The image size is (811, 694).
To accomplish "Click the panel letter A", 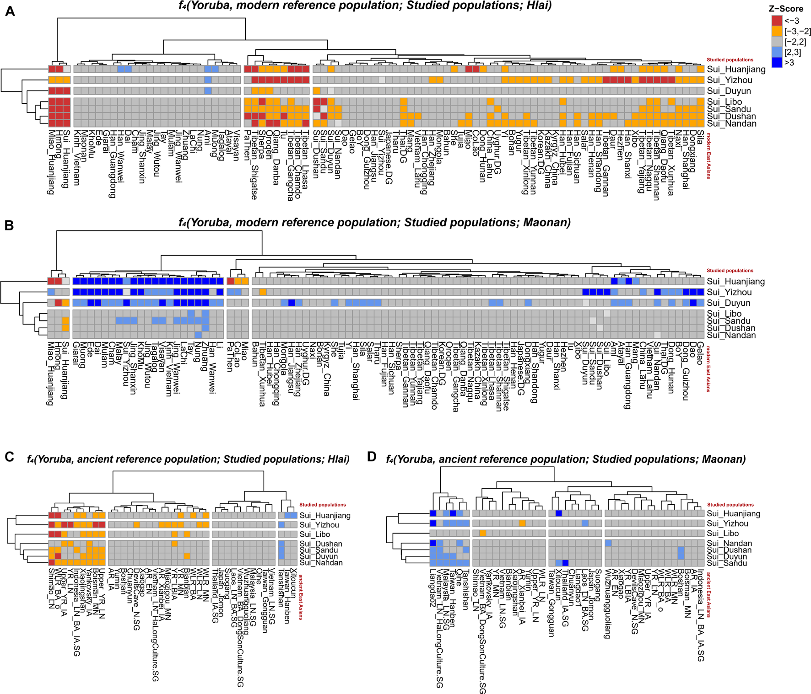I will click(10, 11).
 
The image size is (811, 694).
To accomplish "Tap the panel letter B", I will click(9, 226).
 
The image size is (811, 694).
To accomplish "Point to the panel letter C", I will click(10, 457).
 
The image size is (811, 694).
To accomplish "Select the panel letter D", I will click(372, 457).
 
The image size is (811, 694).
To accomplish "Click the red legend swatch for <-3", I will click(777, 21).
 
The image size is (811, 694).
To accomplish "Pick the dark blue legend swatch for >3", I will click(777, 63).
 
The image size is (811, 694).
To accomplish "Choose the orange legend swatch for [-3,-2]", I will click(777, 31).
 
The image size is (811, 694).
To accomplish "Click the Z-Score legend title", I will click(785, 9).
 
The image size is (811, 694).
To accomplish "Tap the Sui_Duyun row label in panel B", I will click(729, 303).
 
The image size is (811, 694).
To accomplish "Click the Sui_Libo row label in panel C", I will click(315, 534).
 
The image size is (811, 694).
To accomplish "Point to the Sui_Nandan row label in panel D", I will click(730, 543).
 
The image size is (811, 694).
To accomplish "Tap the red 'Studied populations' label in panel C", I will click(323, 505).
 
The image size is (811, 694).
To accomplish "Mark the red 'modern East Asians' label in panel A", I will click(709, 156).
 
